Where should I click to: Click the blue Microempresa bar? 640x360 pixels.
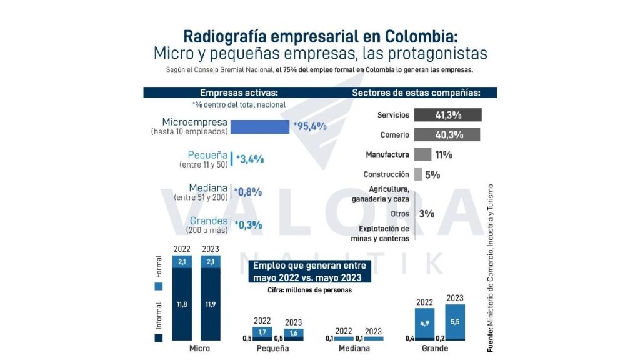point(259,127)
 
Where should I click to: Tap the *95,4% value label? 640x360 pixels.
point(310,126)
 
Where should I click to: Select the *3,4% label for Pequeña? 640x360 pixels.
point(250,159)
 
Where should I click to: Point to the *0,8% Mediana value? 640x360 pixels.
point(248,192)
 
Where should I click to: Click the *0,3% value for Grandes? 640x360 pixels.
point(248,225)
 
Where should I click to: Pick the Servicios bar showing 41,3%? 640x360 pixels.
point(448,115)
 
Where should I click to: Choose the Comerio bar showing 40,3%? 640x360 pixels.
point(447,134)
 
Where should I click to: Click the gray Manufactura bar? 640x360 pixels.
point(422,154)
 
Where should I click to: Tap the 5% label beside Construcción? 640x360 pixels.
point(432,175)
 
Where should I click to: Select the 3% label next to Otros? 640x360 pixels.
point(427,214)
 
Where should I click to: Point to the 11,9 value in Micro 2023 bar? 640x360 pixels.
point(211,304)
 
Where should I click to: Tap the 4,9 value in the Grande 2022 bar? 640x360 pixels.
point(425,323)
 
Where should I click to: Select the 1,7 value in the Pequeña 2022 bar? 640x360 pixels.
point(262,332)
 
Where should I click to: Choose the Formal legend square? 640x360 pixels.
point(159,286)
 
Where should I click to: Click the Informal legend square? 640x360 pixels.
point(159,337)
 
